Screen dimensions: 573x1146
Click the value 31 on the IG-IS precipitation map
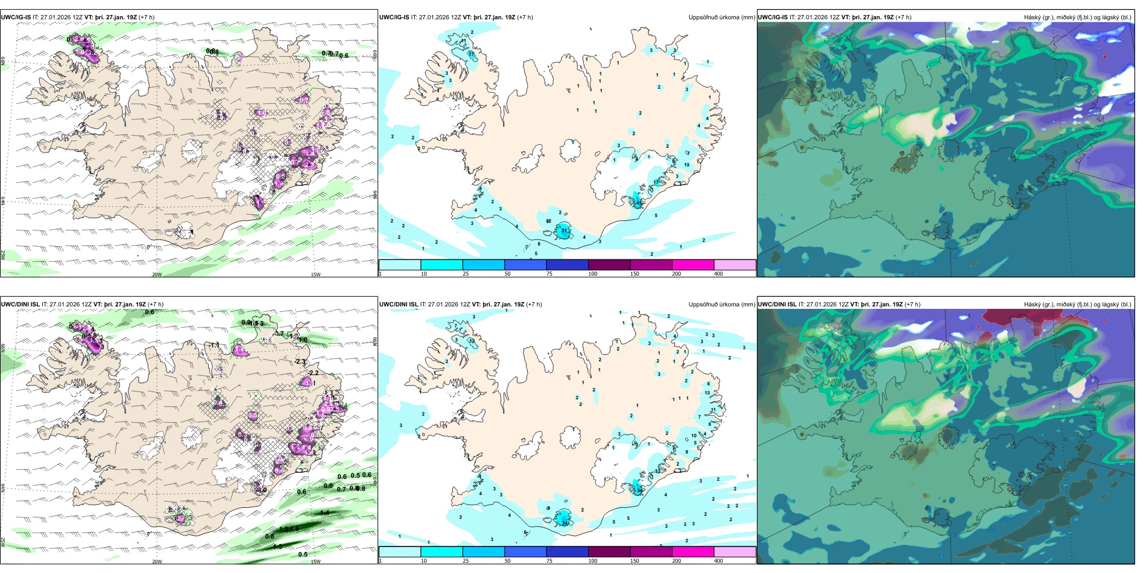click(565, 230)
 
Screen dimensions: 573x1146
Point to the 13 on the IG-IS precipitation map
click(686, 165)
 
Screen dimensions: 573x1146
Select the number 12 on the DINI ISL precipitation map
click(472, 341)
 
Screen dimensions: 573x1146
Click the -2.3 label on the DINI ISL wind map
click(300, 361)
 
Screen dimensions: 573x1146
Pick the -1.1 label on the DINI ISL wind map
click(214, 345)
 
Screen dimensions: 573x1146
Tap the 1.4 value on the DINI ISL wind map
click(324, 513)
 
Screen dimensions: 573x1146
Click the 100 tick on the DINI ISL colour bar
click(593, 561)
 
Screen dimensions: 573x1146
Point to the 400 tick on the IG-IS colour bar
click(718, 274)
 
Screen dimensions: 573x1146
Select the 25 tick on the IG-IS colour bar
click(466, 274)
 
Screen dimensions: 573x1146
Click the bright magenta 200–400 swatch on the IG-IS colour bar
click(693, 265)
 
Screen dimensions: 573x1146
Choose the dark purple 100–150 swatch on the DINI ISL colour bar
click(609, 552)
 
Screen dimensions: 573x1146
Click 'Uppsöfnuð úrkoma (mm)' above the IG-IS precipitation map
click(721, 17)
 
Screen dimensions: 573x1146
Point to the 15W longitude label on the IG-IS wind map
click(315, 274)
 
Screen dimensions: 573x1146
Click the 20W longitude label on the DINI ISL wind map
click(157, 562)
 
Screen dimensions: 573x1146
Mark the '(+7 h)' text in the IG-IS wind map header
click(147, 17)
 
